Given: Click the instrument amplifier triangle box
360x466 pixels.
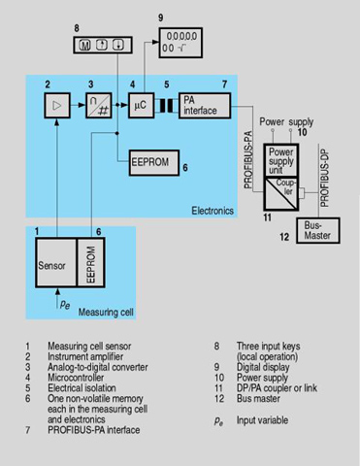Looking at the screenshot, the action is (57, 106).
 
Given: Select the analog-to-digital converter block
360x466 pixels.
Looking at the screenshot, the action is (99, 106).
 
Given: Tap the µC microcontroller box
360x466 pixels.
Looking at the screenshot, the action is (141, 106).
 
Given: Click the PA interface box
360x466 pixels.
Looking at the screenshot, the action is (205, 106).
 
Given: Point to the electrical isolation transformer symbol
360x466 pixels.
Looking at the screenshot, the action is (167, 106).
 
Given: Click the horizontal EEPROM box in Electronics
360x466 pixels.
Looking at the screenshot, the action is (154, 163).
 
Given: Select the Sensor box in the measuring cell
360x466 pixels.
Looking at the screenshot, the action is (56, 262).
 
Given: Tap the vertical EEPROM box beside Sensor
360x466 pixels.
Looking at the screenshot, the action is (91, 262).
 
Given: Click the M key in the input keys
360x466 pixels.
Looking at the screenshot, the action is (85, 46).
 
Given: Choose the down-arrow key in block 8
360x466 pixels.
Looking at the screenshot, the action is (118, 45).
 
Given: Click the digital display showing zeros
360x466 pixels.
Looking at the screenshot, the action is (180, 43).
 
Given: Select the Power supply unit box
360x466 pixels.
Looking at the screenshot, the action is (280, 160).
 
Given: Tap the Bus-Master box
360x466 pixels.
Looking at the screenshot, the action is (318, 230).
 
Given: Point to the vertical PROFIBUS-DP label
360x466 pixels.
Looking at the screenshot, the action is (324, 179).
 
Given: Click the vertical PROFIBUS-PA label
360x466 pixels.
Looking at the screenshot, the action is (248, 160).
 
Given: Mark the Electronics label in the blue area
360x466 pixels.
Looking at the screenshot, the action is (213, 211).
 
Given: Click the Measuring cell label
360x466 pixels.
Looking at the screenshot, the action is (106, 313).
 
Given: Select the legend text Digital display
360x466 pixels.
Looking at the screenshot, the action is (263, 367).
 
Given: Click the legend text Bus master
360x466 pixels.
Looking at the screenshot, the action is (258, 398).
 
